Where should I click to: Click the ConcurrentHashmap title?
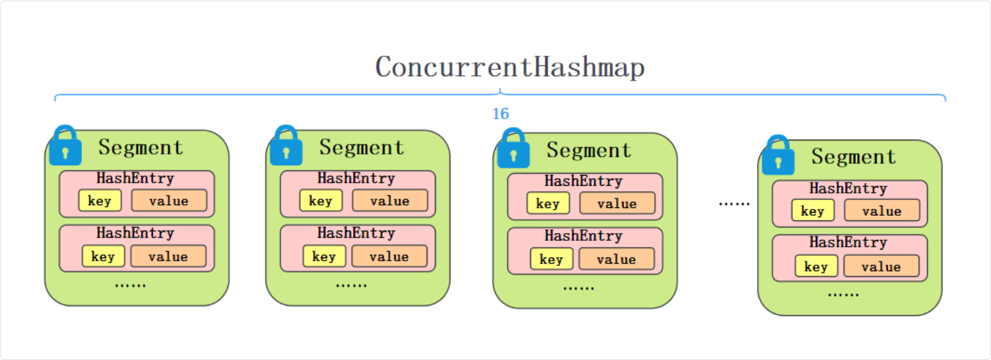click(x=509, y=67)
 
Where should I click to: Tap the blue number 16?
click(x=500, y=114)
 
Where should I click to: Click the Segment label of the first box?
click(x=141, y=147)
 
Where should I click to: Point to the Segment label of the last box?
click(x=853, y=156)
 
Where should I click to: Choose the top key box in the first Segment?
click(x=100, y=200)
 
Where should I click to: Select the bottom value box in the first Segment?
click(x=168, y=256)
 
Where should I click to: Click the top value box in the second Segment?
click(x=389, y=200)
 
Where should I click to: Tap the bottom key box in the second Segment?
click(x=324, y=256)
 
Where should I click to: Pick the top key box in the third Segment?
click(x=548, y=203)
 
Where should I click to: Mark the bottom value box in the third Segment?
click(x=616, y=259)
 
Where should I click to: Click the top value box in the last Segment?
click(x=881, y=211)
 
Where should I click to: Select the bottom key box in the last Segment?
click(x=816, y=266)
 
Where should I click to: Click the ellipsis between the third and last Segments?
click(x=734, y=203)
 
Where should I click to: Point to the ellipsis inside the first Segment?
click(x=130, y=284)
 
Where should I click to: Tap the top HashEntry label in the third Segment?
click(x=583, y=181)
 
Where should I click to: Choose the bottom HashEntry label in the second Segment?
click(x=356, y=233)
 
